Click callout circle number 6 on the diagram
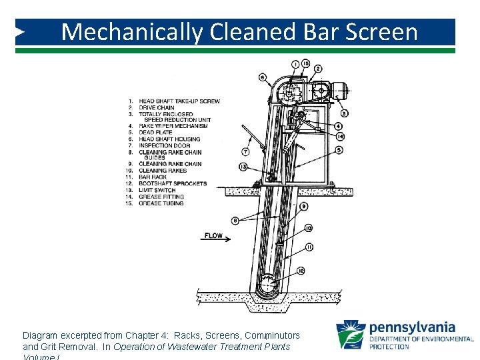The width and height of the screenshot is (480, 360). coord(262,77)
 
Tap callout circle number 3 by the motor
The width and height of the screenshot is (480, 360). coord(344,113)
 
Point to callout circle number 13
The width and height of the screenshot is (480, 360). coord(243,167)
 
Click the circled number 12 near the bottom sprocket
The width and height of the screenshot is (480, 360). coord(301,270)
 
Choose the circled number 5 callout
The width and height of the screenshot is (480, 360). coord(340,151)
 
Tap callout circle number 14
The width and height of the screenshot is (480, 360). coord(340,137)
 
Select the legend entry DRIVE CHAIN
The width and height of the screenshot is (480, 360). coord(156,107)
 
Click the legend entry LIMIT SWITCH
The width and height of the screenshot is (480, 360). coord(157,190)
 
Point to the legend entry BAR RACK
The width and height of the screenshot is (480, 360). coord(153,177)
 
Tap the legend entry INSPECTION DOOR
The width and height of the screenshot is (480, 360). coord(164,145)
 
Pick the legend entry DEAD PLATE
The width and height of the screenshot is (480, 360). coord(155,133)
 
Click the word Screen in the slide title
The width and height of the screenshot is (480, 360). coord(379,31)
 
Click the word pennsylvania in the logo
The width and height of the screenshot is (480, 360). coord(412,327)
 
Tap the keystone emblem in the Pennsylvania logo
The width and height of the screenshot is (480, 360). coord(351,335)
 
